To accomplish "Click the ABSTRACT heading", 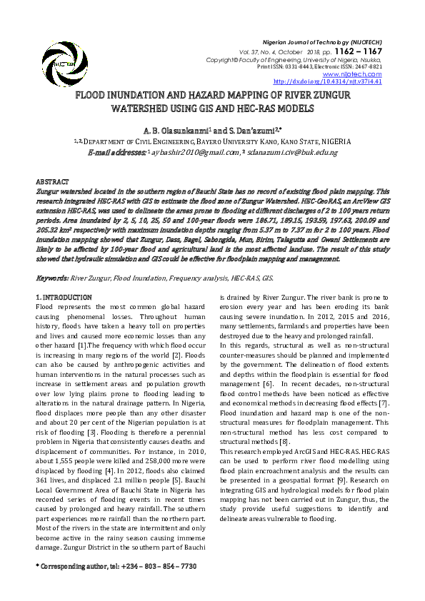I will click(52, 183).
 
